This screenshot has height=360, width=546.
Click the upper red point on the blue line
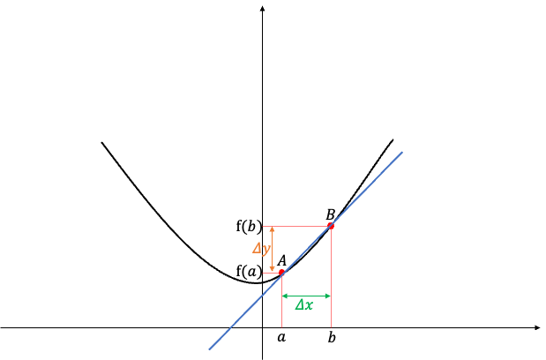click(331, 226)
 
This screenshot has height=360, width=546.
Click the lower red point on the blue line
click(281, 273)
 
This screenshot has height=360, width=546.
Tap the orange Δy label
click(261, 250)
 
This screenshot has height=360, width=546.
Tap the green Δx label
click(303, 305)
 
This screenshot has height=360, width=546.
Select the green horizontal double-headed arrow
click(306, 296)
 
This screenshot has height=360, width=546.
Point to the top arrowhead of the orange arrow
click(273, 229)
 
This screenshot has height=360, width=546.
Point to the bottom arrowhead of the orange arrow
click(273, 269)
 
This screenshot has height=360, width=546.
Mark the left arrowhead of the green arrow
click(284, 296)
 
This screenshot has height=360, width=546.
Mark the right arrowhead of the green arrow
click(328, 296)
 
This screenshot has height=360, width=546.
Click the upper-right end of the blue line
click(402, 152)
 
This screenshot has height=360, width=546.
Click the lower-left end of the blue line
click(209, 349)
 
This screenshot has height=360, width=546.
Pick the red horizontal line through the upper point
click(296, 227)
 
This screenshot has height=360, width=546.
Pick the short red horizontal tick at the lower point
click(270, 273)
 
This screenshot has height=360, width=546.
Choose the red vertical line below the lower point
click(281, 304)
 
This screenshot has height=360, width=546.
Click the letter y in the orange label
click(266, 251)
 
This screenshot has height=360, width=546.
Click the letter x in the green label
click(309, 305)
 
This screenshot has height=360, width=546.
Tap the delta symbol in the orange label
click(257, 249)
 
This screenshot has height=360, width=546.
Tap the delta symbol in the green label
click(299, 305)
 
